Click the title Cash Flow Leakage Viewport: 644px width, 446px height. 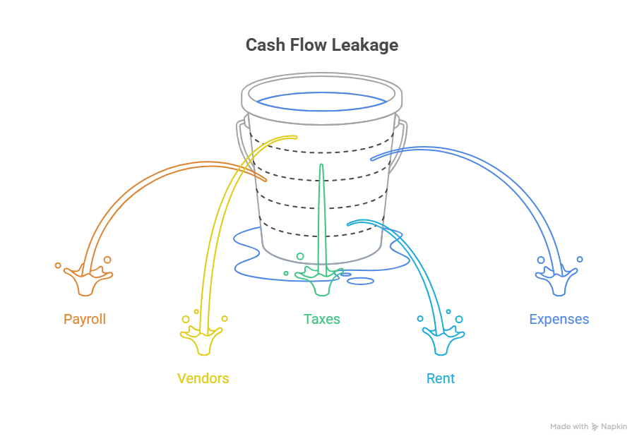pyautogui.click(x=321, y=45)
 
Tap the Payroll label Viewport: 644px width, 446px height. pyautogui.click(x=85, y=319)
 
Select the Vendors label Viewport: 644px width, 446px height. pyautogui.click(x=203, y=378)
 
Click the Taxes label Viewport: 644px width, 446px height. pyautogui.click(x=321, y=319)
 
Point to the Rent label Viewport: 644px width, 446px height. pyautogui.click(x=441, y=378)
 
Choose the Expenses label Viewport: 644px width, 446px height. pyautogui.click(x=559, y=319)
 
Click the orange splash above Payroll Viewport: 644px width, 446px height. pyautogui.click(x=88, y=281)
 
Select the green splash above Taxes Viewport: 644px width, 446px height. pyautogui.click(x=320, y=281)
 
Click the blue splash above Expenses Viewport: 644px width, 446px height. pyautogui.click(x=557, y=281)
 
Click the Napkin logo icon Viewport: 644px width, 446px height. pyautogui.click(x=595, y=427)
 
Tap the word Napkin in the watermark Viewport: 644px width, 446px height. pyautogui.click(x=614, y=427)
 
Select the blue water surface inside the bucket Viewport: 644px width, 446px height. pyautogui.click(x=321, y=102)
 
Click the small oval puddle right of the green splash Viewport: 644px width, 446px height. pyautogui.click(x=361, y=281)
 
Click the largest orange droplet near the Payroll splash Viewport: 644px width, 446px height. pyautogui.click(x=107, y=260)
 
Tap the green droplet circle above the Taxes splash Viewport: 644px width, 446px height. pyautogui.click(x=300, y=256)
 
